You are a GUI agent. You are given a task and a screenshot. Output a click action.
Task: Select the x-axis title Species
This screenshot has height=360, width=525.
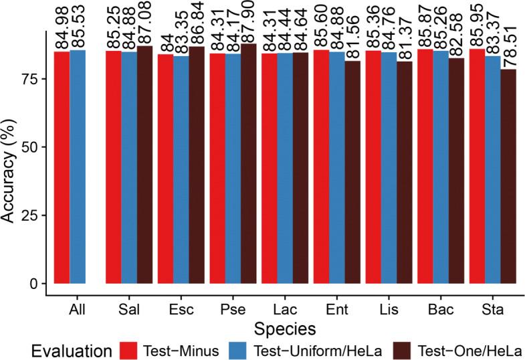[x=285, y=329]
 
